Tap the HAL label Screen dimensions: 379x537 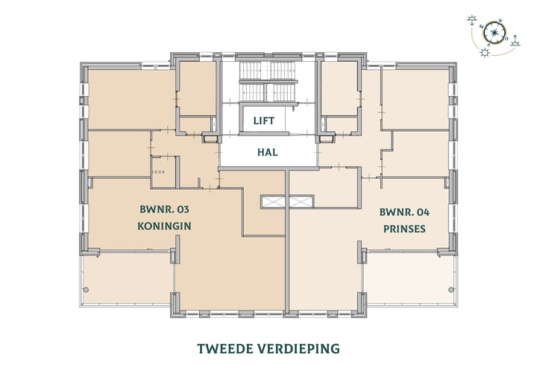click(x=267, y=152)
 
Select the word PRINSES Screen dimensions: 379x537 click(x=403, y=229)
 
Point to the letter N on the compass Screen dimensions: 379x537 click(x=500, y=22)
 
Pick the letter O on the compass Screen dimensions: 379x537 click(x=506, y=37)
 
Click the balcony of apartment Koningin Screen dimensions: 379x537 click(x=127, y=279)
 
